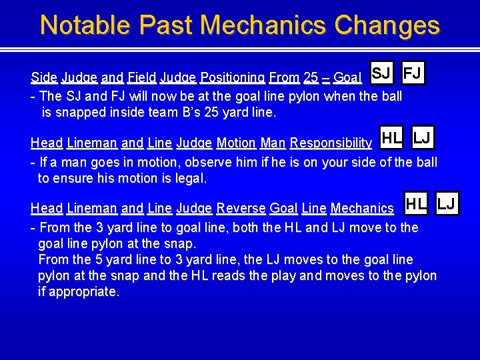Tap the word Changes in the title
[387, 25]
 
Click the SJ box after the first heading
[380, 73]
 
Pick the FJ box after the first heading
[413, 73]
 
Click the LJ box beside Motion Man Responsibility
[421, 138]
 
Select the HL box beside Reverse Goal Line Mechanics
[417, 203]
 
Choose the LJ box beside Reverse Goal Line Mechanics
[446, 203]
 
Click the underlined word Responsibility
[331, 143]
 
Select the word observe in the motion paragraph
[209, 162]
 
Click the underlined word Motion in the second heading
[236, 143]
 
